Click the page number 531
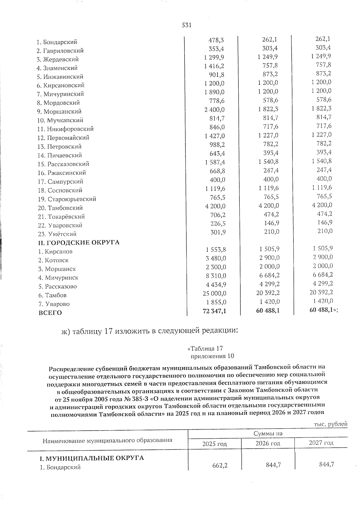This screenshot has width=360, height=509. point(187,25)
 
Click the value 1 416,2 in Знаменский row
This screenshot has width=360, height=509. point(214,66)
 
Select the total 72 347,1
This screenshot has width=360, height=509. point(214,311)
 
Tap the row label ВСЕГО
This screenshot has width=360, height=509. point(50,313)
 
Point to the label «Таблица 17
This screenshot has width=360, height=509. point(205,349)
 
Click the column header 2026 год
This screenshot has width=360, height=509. point(268,443)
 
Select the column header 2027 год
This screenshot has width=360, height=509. point(321,443)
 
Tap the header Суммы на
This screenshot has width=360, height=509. point(268,434)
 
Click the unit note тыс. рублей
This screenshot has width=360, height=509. point(330,424)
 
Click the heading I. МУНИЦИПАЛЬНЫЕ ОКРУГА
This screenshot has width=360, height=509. point(92,458)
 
